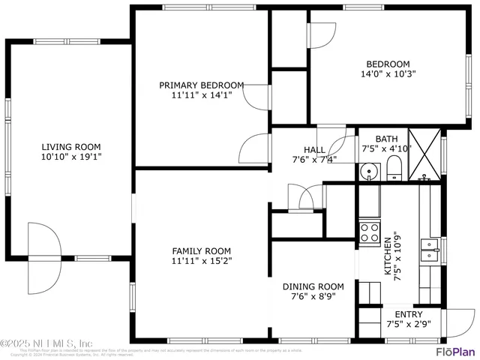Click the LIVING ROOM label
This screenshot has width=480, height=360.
(71, 147)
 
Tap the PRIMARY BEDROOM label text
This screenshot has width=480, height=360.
(202, 85)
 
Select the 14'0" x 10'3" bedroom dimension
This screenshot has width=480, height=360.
(388, 74)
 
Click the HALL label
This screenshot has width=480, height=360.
(314, 149)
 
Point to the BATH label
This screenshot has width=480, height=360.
(387, 139)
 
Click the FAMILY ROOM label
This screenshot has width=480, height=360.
(202, 251)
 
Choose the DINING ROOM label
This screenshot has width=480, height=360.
(313, 286)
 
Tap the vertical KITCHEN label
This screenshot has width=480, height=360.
(388, 256)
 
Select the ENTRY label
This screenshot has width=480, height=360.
(408, 314)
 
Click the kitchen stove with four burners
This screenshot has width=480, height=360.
(369, 231)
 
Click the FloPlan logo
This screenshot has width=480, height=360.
(455, 350)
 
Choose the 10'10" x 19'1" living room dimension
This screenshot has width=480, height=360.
(71, 157)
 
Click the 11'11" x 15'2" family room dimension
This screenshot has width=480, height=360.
(202, 262)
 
